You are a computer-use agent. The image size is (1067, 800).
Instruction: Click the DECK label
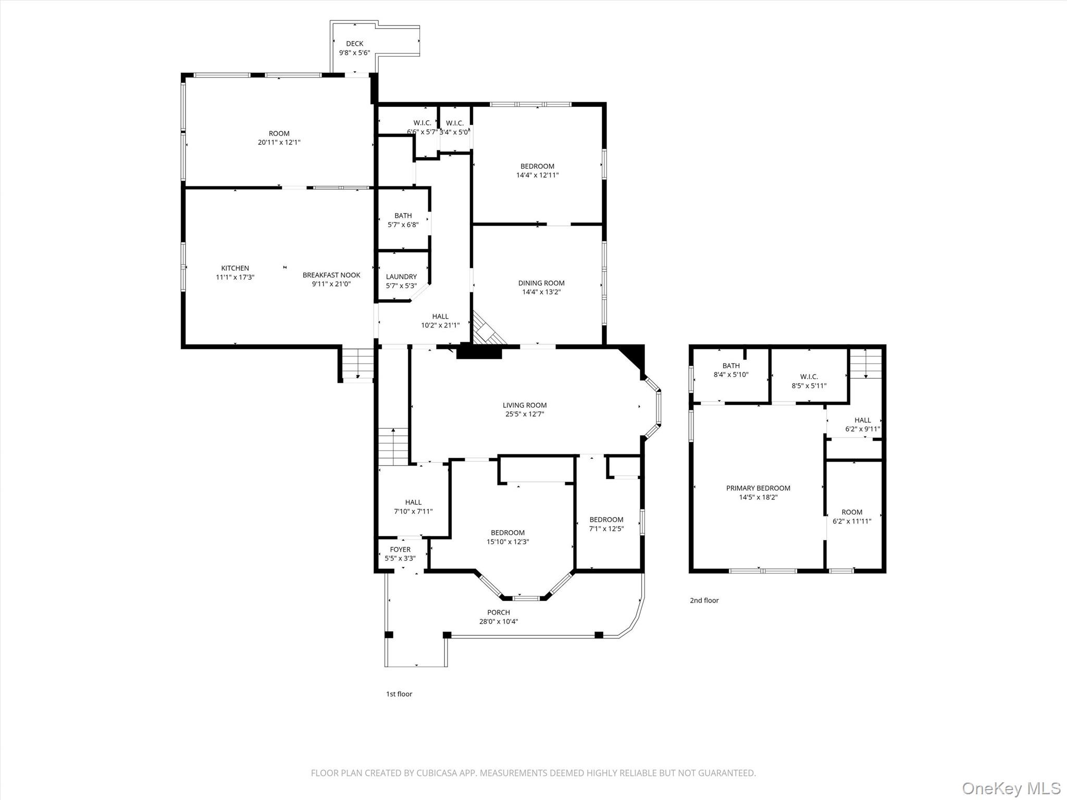coord(354,44)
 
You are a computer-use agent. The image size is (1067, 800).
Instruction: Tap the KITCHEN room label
coord(235,268)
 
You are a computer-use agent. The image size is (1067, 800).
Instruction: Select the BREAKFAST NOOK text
coord(331,275)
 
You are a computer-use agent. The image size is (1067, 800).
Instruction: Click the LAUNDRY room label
coord(401,277)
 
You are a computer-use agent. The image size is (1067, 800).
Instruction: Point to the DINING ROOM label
coord(541,283)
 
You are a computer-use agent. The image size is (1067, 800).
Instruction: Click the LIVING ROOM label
coord(525,405)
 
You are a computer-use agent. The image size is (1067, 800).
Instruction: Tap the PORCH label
coord(499,612)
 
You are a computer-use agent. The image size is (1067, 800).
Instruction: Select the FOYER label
coord(400,549)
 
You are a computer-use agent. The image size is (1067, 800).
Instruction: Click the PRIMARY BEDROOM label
coord(758,488)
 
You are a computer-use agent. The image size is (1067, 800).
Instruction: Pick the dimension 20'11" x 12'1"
coord(279,142)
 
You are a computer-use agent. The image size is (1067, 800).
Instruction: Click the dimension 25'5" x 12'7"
coord(525,414)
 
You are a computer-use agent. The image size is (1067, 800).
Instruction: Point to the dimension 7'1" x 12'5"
coord(606,529)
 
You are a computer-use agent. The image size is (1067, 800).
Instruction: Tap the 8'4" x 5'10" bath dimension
coord(731,374)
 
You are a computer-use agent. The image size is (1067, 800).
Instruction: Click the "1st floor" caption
coord(399,694)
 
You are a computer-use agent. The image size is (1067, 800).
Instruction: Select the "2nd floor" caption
coord(704,601)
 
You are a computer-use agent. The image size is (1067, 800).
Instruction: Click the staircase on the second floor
coord(865,364)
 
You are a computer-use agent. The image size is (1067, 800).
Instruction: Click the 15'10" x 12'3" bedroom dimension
coord(507,542)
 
